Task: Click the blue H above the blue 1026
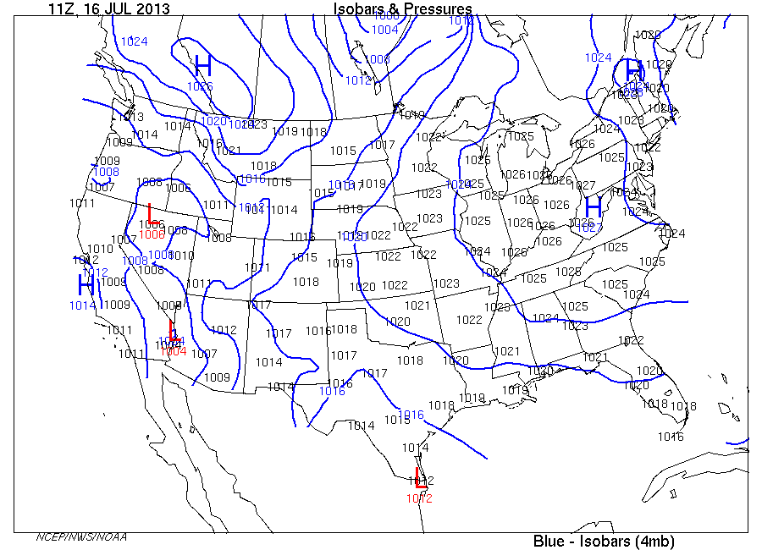[x=202, y=65]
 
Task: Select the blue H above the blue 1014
[x=86, y=285]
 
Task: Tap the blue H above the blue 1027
[x=594, y=206]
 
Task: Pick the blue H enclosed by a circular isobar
[x=632, y=71]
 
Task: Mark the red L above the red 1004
[x=174, y=330]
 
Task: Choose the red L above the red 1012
[x=420, y=476]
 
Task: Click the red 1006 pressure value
[x=152, y=234]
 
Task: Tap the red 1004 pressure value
[x=174, y=350]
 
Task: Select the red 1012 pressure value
[x=419, y=498]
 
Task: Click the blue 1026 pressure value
[x=201, y=86]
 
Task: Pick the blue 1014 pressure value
[x=83, y=305]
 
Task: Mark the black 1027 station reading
[x=583, y=185]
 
